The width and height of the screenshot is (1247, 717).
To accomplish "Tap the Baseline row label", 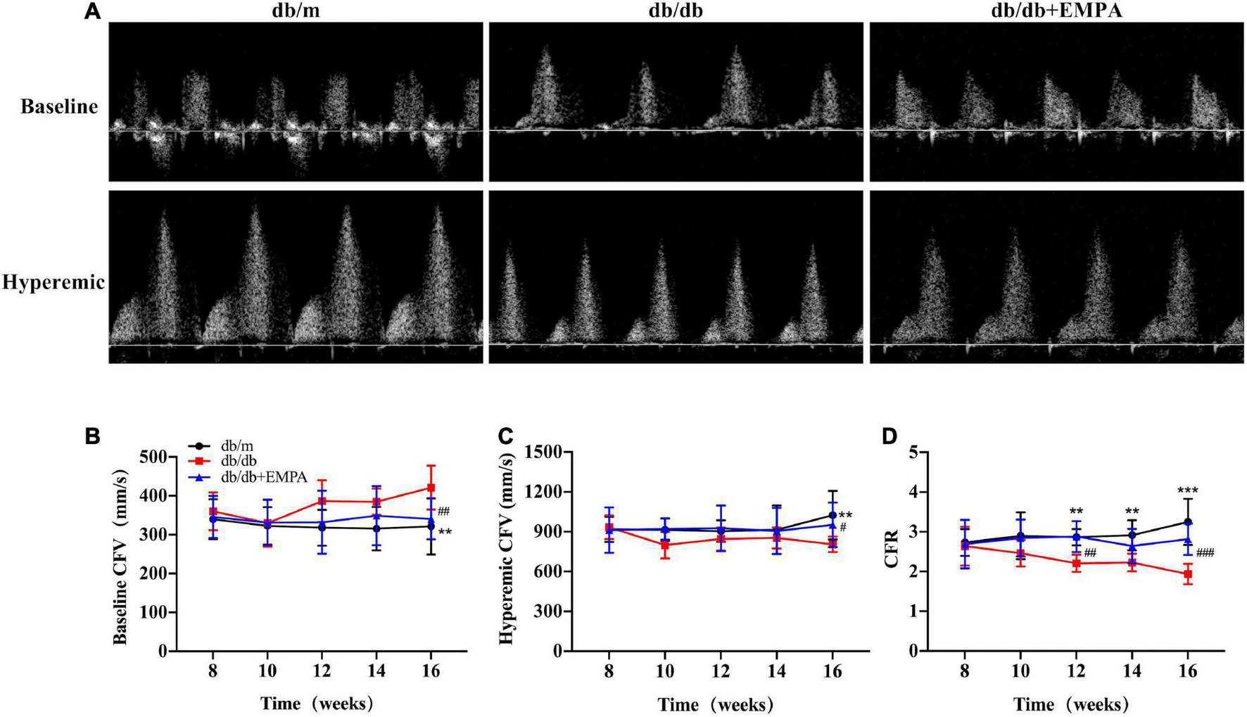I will tap(59, 107).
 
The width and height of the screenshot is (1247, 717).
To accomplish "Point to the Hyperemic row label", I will tap(53, 283).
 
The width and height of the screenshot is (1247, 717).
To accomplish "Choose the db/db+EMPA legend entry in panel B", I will tap(263, 477).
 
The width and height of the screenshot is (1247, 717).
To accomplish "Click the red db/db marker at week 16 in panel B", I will tap(431, 488).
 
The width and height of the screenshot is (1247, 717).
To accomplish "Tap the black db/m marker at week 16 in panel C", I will tap(833, 515).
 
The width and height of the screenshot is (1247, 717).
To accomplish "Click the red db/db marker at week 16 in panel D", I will tap(1187, 574).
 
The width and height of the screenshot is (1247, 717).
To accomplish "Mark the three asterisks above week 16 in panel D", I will tap(1187, 490).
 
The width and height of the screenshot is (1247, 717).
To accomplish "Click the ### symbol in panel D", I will tap(1205, 554).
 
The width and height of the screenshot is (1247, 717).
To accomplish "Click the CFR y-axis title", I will tap(892, 552).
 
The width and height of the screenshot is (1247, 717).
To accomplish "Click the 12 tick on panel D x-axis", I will tap(1075, 671).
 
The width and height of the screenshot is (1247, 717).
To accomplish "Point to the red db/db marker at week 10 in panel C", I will tap(664, 545).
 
